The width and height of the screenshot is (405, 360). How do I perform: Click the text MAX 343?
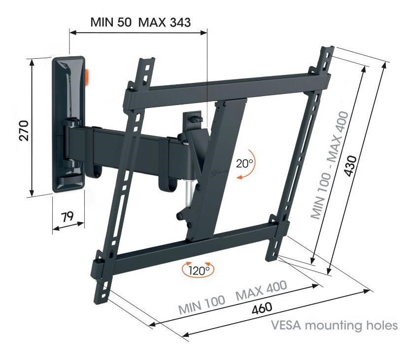(165, 22)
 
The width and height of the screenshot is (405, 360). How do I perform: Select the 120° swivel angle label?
(199, 270)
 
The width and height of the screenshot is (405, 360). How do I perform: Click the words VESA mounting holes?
(335, 326)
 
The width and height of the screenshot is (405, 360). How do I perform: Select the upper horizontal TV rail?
(227, 84)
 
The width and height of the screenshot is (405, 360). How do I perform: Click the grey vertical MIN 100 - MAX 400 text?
(330, 165)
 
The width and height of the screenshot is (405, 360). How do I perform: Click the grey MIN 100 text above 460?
(202, 305)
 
